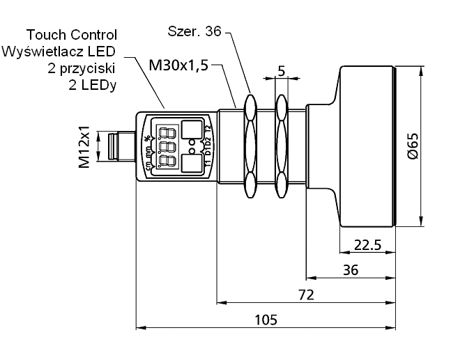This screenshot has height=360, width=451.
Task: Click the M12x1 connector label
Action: click(84, 147)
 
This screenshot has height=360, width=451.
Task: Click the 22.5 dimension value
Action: click(367, 245)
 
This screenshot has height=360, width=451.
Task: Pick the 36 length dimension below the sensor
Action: click(351, 270)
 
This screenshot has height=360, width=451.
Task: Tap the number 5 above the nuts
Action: click(281, 71)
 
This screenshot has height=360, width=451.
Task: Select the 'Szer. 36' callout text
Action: click(196, 31)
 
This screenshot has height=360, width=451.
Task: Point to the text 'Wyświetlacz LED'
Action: click(59, 52)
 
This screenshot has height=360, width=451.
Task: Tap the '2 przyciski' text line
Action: click(82, 68)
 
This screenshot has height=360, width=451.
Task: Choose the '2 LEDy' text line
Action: click(93, 85)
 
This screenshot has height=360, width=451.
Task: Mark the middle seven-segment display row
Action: click(167, 147)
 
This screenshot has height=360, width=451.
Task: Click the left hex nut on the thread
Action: click(249, 146)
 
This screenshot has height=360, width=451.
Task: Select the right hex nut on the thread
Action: click(281, 146)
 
